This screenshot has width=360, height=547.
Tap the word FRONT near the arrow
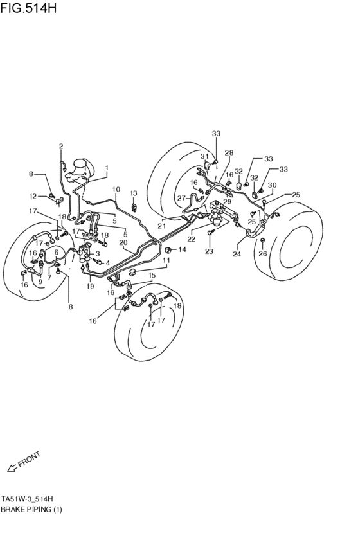pos(29,459)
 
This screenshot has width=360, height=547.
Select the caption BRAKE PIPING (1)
pos(32,509)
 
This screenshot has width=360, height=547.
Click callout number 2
pos(61,146)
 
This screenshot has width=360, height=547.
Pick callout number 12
pos(33,196)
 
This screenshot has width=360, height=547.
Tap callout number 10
pos(116,189)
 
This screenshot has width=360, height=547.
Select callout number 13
pos(134,193)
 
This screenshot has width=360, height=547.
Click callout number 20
pos(123,242)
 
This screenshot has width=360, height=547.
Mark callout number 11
pos(166,260)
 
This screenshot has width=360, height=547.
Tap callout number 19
pos(90,286)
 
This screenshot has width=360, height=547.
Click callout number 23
pos(209,251)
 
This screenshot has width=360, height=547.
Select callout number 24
pos(237,253)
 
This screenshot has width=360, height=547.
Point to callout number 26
pos(262,253)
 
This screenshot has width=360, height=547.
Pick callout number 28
pos(229,152)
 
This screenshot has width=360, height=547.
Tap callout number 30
pos(272,185)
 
